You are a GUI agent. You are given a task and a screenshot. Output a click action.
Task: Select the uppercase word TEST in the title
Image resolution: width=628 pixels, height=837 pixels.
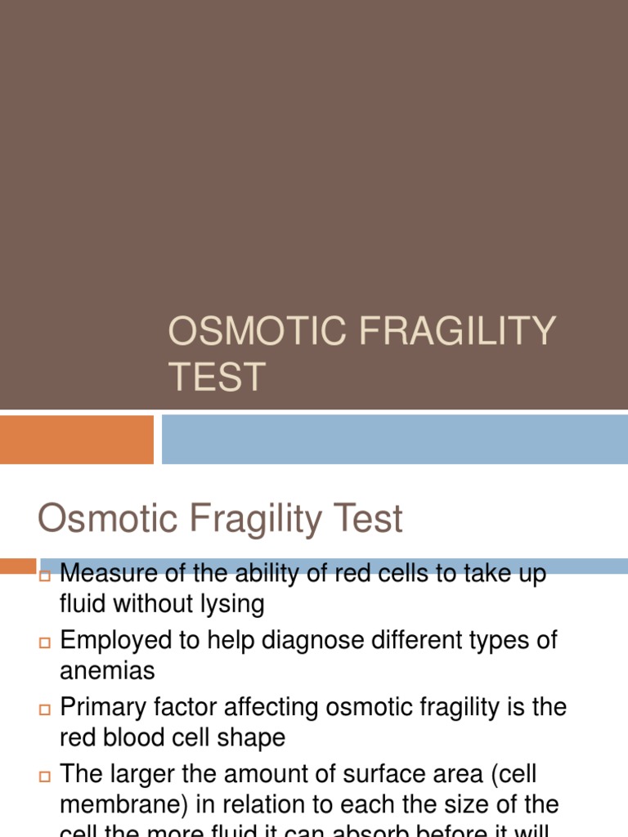217,378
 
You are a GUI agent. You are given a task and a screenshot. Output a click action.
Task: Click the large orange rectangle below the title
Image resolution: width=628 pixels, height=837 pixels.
76,439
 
